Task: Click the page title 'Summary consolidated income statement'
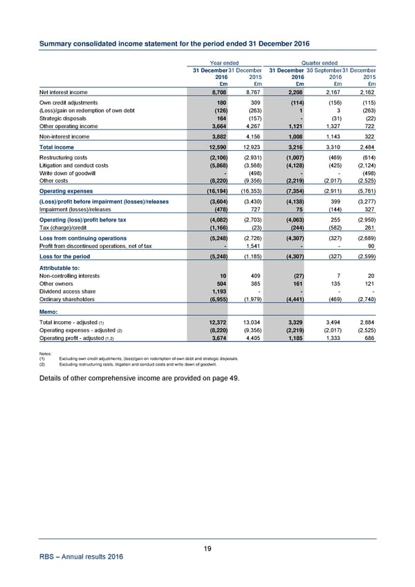click(x=173, y=44)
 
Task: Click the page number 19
click(x=207, y=549)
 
